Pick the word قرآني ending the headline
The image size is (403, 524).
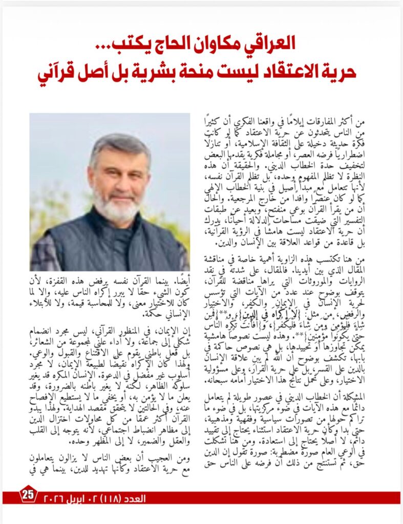click(57, 71)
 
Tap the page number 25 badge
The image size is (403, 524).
click(28, 495)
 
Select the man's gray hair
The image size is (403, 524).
click(118, 146)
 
